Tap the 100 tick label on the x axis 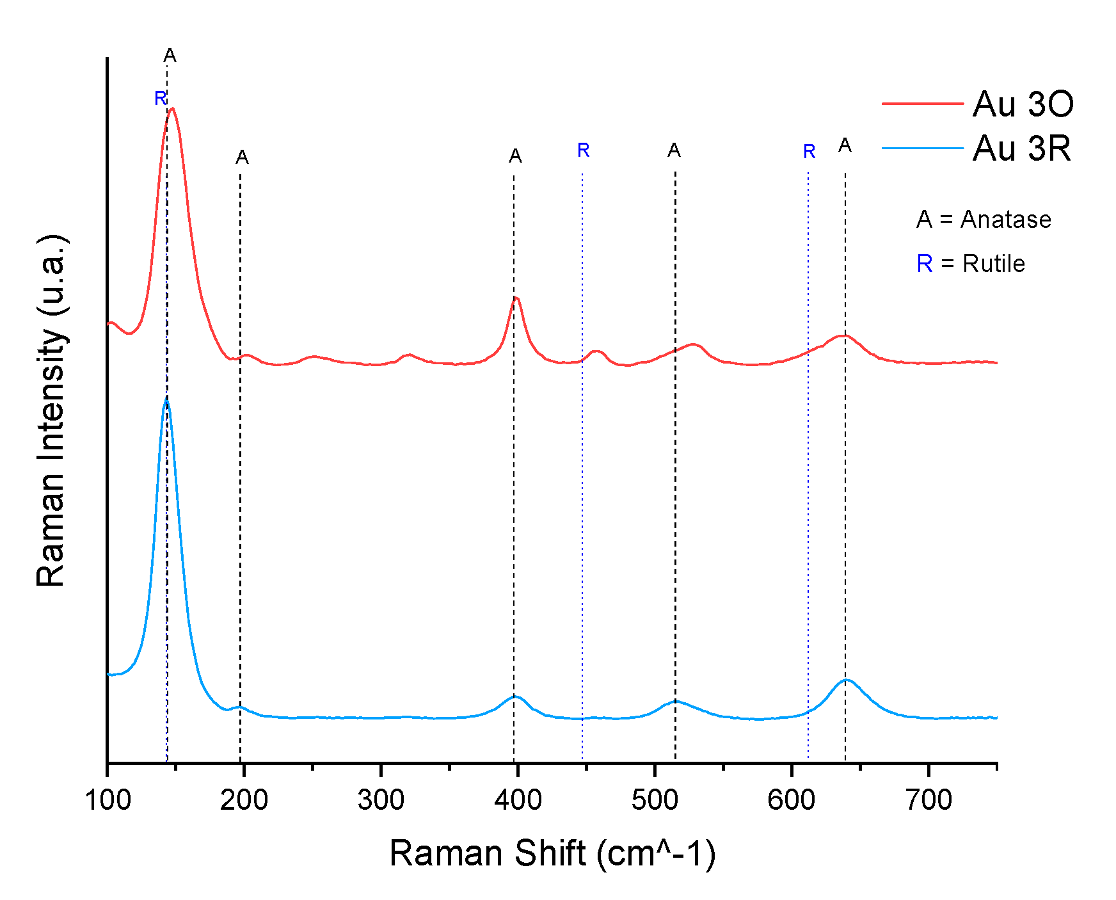[108, 800]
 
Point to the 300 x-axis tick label [381, 800]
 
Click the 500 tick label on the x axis [655, 800]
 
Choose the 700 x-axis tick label [929, 800]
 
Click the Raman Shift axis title [552, 853]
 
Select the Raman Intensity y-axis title [51, 410]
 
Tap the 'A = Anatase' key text [984, 220]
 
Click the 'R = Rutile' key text [970, 264]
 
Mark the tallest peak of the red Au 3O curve [172, 108]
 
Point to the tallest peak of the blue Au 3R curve [166, 398]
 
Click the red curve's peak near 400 [516, 298]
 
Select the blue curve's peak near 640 [846, 680]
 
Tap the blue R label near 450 [583, 150]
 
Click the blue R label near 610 [809, 152]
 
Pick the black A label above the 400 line [515, 156]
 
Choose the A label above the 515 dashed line [674, 150]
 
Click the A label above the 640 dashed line [845, 146]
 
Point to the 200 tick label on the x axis [244, 800]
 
